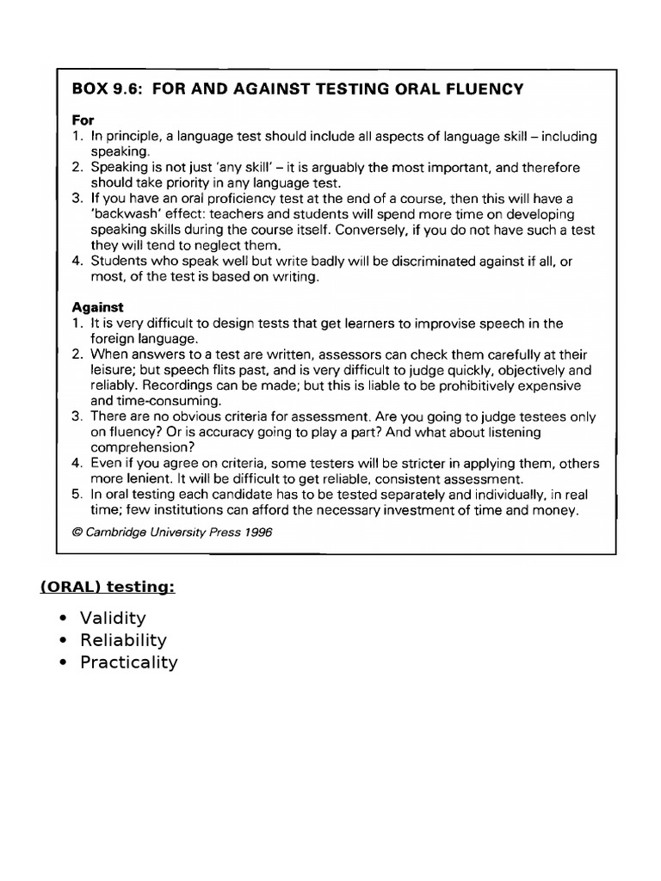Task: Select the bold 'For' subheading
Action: click(83, 120)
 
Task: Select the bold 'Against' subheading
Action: click(97, 307)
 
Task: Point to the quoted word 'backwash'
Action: click(126, 214)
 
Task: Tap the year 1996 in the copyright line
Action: click(256, 533)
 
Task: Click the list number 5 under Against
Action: click(76, 495)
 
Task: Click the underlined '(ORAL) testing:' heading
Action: click(108, 587)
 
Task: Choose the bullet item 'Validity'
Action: click(113, 618)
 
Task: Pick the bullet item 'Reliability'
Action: click(123, 640)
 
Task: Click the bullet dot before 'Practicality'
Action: click(65, 662)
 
